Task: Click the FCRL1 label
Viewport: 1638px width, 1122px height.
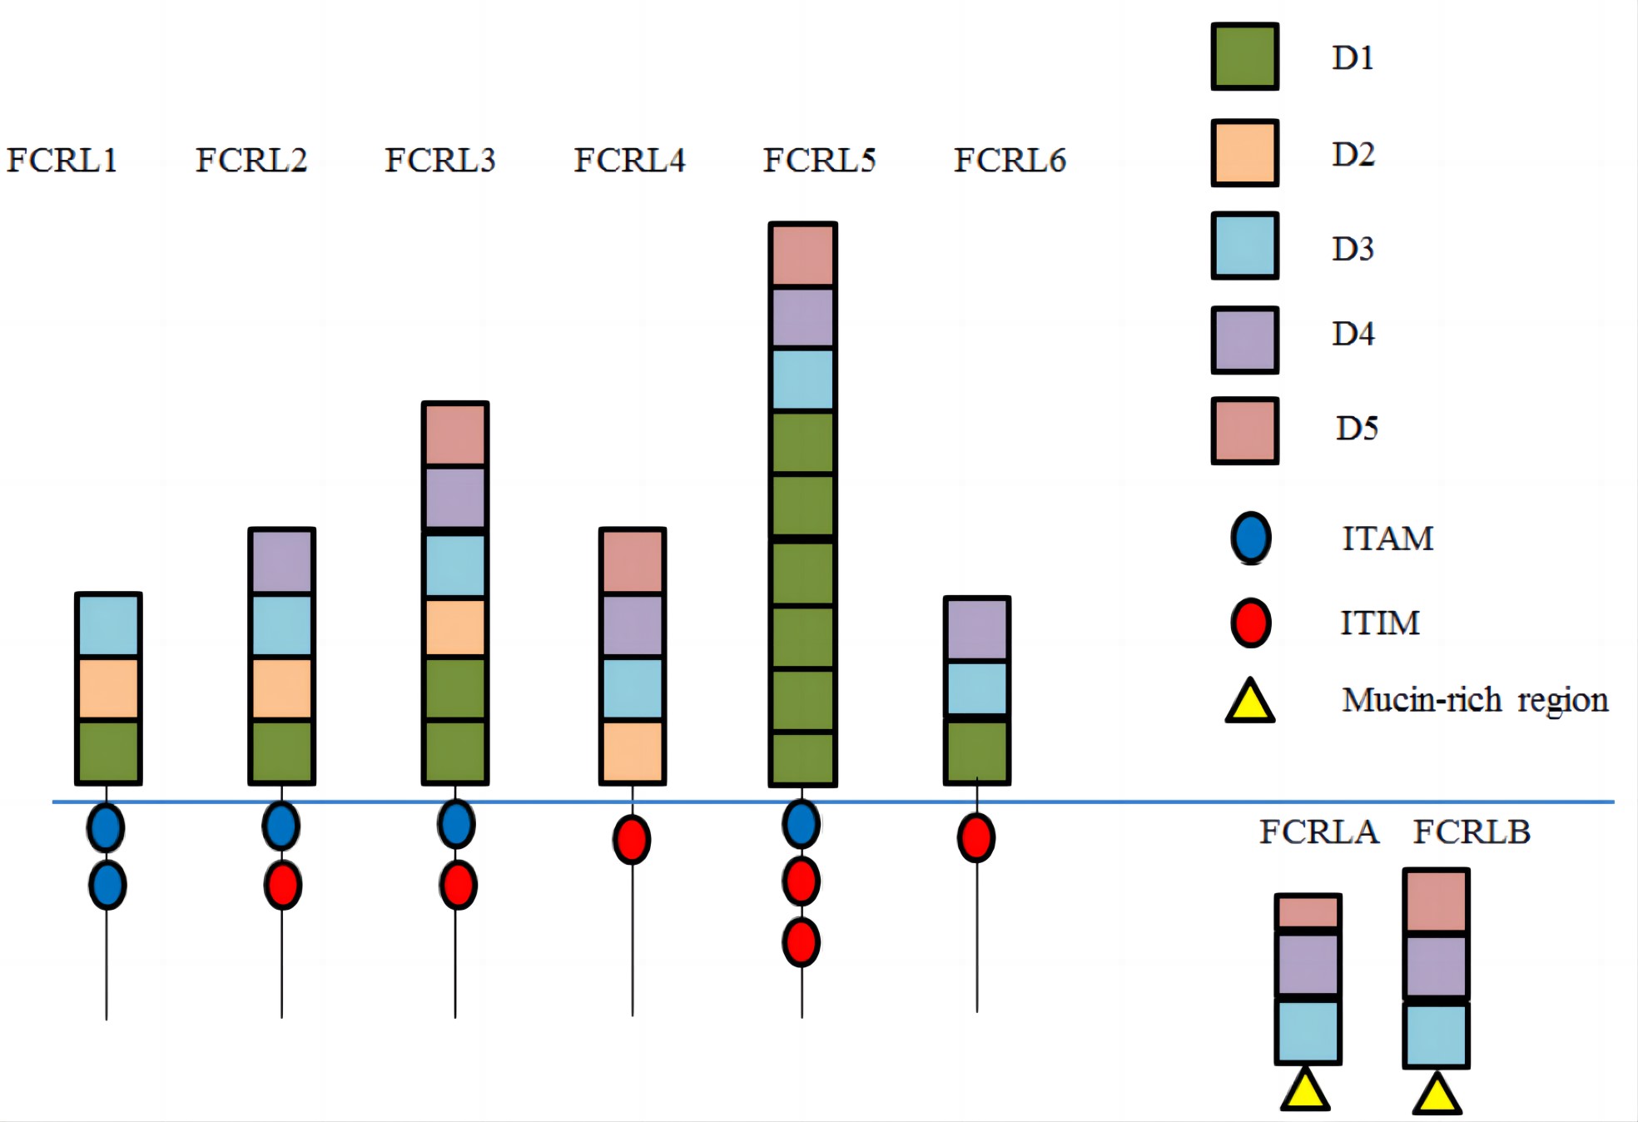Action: pyautogui.click(x=62, y=160)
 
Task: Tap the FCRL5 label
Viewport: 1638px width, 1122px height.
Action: pyautogui.click(x=819, y=160)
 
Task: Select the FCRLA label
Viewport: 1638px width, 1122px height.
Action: pyautogui.click(x=1318, y=832)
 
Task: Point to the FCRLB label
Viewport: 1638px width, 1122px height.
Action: pyautogui.click(x=1472, y=832)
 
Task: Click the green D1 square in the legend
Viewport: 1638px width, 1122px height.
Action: pyautogui.click(x=1244, y=57)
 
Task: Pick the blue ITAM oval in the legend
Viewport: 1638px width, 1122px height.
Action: pyautogui.click(x=1250, y=538)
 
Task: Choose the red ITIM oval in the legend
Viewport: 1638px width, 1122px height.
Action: pyautogui.click(x=1250, y=623)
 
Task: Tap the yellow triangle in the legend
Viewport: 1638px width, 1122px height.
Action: pyautogui.click(x=1250, y=702)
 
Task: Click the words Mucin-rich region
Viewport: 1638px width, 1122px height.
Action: pyautogui.click(x=1474, y=700)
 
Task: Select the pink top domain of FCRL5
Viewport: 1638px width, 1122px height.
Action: pyautogui.click(x=802, y=255)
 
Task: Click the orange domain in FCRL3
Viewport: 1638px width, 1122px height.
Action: pyautogui.click(x=454, y=628)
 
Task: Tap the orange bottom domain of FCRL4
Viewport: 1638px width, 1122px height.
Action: pyautogui.click(x=632, y=751)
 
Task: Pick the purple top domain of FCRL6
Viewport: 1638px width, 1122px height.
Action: pyautogui.click(x=976, y=628)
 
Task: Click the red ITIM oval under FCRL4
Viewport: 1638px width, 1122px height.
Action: pyautogui.click(x=632, y=840)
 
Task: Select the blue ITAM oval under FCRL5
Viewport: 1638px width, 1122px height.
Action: pyautogui.click(x=801, y=824)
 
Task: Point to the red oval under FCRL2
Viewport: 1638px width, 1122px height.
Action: pyautogui.click(x=282, y=885)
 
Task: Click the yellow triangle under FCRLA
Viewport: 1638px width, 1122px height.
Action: pyautogui.click(x=1304, y=1092)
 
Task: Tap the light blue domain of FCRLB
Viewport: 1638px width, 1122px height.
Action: pyautogui.click(x=1436, y=1035)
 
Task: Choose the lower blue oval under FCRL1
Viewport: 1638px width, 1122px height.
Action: pyautogui.click(x=107, y=885)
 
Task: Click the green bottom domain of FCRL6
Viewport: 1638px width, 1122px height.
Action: pyautogui.click(x=976, y=752)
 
